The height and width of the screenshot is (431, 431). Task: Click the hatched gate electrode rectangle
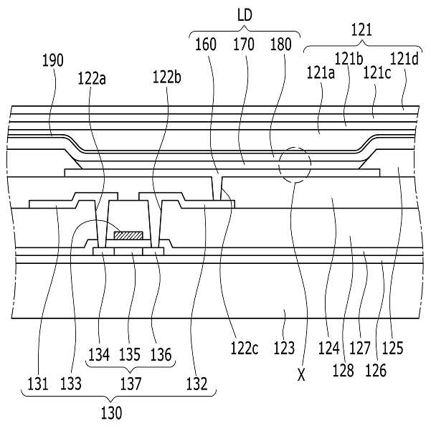click(128, 235)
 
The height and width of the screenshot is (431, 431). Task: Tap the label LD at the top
click(245, 15)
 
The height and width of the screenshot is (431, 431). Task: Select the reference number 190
click(53, 60)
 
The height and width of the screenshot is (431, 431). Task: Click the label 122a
click(92, 78)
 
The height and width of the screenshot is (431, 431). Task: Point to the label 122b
click(167, 77)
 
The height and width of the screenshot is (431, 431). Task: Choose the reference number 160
click(206, 44)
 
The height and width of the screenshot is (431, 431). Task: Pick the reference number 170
click(244, 44)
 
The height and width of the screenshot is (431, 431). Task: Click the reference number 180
click(280, 44)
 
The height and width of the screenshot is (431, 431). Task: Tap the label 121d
click(404, 59)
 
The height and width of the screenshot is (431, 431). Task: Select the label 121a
click(321, 73)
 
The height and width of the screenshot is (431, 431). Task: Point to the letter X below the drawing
click(301, 375)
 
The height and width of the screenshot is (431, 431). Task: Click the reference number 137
click(131, 384)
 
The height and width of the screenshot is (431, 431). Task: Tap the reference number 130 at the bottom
click(111, 413)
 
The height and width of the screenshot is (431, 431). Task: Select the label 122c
click(245, 349)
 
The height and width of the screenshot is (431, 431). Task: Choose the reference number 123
click(284, 348)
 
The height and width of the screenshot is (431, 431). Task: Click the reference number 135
click(130, 354)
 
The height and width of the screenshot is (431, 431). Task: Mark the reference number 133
click(71, 384)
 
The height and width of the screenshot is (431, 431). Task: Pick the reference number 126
click(376, 370)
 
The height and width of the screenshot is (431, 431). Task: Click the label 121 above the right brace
click(361, 30)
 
